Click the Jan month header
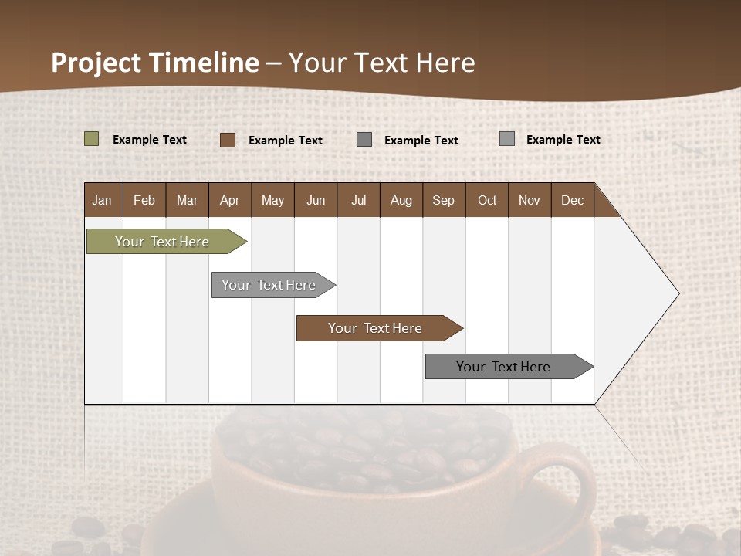coord(103,200)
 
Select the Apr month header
coord(230,200)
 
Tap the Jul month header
coord(358,200)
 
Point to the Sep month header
coord(443,200)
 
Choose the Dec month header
coord(572,200)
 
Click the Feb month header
coord(144,200)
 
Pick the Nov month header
coord(530,200)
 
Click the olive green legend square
coord(92,139)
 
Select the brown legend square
coord(228,140)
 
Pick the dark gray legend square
coord(364,140)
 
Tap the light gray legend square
coord(507,139)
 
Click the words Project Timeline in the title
coord(155,63)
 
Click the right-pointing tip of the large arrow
coord(676,293)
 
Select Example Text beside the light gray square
coord(563,140)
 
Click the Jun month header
coord(316,200)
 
